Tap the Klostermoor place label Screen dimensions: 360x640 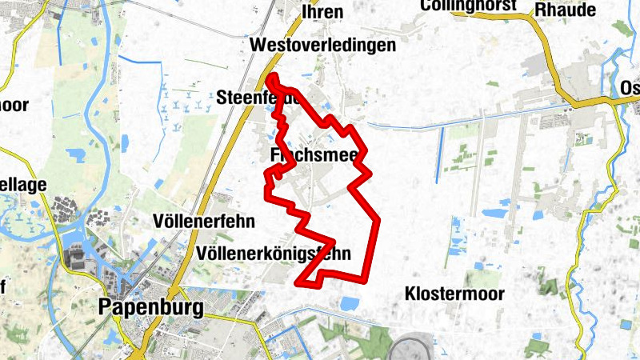click(x=454, y=294)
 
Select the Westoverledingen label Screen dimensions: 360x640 click(x=322, y=46)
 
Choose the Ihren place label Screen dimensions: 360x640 click(x=322, y=11)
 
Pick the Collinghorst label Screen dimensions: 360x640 click(x=472, y=6)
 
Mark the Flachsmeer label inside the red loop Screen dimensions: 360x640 click(x=314, y=154)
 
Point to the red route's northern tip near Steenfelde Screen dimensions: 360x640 click(x=272, y=78)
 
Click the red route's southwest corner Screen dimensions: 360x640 click(x=299, y=282)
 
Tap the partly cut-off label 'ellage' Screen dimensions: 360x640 click(x=24, y=186)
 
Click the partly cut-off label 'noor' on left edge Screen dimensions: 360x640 click(x=14, y=104)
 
